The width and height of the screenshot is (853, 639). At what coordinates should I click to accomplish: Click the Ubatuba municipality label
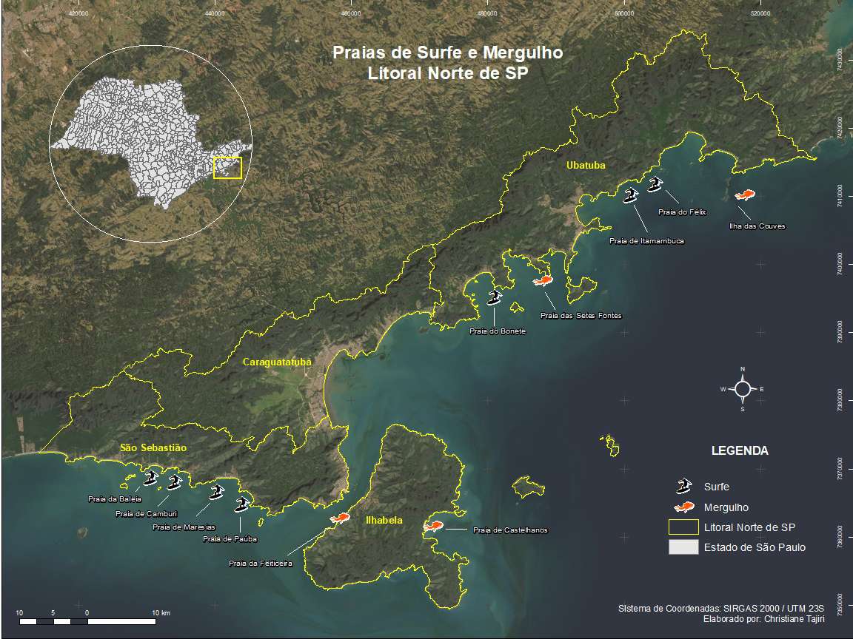[x=586, y=166]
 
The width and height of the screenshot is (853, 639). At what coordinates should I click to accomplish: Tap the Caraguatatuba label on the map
[x=277, y=362]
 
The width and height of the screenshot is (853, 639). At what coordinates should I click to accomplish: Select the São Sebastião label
[x=153, y=448]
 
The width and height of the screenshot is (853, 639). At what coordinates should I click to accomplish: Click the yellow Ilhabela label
[x=384, y=521]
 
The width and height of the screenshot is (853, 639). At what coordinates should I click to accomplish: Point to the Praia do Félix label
[x=682, y=212]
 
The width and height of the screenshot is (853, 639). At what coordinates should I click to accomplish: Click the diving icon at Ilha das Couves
[x=744, y=195]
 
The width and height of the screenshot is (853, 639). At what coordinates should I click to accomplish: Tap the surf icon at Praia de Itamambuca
[x=631, y=196]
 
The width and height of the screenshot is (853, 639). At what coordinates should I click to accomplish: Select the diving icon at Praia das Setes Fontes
[x=543, y=281]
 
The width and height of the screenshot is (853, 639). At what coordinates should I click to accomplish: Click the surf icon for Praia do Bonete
[x=495, y=298]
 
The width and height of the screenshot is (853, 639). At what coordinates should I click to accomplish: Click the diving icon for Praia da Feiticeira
[x=341, y=518]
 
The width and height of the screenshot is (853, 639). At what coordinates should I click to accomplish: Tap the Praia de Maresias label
[x=184, y=527]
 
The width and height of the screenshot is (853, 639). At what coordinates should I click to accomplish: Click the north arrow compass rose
[x=743, y=388]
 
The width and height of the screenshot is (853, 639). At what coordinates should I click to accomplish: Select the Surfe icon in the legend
[x=683, y=486]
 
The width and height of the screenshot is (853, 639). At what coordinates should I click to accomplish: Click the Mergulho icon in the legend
[x=684, y=507]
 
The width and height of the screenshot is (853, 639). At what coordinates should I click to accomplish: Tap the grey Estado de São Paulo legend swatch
[x=683, y=547]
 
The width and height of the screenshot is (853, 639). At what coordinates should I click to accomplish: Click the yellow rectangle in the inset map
[x=227, y=168]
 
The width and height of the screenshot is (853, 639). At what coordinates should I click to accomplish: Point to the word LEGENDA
[x=739, y=450]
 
